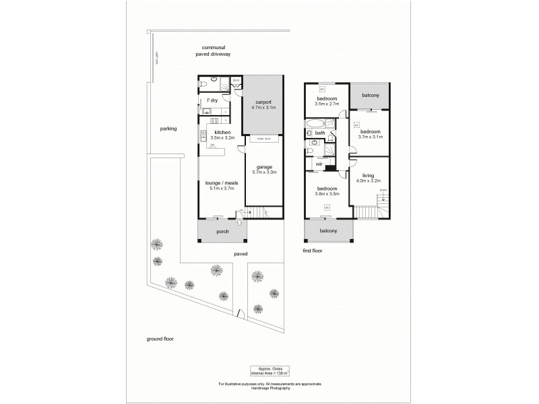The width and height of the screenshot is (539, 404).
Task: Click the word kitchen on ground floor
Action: [x=222, y=132]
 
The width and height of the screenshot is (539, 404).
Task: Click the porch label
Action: [x=222, y=232]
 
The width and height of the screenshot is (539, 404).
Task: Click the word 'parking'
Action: [x=168, y=129]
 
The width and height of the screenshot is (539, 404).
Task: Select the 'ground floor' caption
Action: [x=160, y=339]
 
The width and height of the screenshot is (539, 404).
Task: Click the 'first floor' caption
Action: [x=313, y=250]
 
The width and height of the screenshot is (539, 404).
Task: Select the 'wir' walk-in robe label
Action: [x=319, y=163]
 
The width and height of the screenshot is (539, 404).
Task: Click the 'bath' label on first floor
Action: [x=320, y=133]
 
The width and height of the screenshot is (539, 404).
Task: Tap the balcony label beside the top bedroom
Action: [x=371, y=96]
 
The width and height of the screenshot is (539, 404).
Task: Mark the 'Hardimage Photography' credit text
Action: [x=269, y=389]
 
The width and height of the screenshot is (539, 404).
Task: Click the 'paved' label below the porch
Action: [x=241, y=254]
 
